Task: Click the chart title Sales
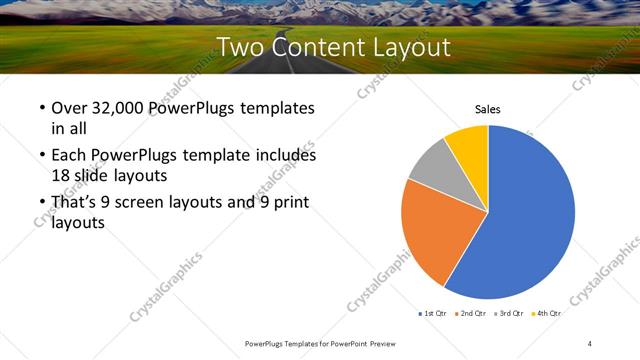pyautogui.click(x=487, y=110)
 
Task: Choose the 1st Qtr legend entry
pyautogui.click(x=434, y=314)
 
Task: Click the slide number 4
pyautogui.click(x=590, y=343)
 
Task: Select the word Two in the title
pyautogui.click(x=243, y=47)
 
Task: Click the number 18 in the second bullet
pyautogui.click(x=60, y=174)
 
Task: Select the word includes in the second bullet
pyautogui.click(x=280, y=156)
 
